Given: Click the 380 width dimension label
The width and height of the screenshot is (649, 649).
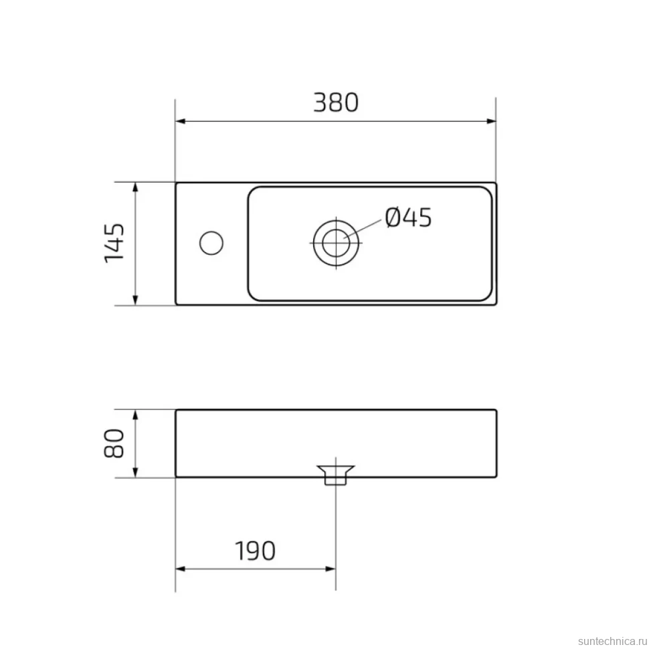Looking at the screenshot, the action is [x=336, y=102].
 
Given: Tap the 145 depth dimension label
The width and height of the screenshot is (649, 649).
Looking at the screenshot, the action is [x=114, y=243].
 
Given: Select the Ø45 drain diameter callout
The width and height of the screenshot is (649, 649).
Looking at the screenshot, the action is [x=408, y=217].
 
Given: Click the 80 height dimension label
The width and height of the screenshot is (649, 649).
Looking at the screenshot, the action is [x=114, y=444].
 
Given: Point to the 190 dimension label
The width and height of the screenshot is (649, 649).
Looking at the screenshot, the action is [x=255, y=551].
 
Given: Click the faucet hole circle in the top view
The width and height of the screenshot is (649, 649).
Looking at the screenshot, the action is [x=211, y=243].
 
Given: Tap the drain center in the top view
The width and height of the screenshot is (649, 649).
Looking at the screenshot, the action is [x=336, y=243].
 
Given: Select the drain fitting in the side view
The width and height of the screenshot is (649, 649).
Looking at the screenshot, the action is [x=336, y=475].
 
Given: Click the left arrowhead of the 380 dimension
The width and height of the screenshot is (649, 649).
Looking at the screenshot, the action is [x=180, y=121].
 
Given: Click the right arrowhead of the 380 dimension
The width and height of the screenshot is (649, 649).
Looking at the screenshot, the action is [x=491, y=121].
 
